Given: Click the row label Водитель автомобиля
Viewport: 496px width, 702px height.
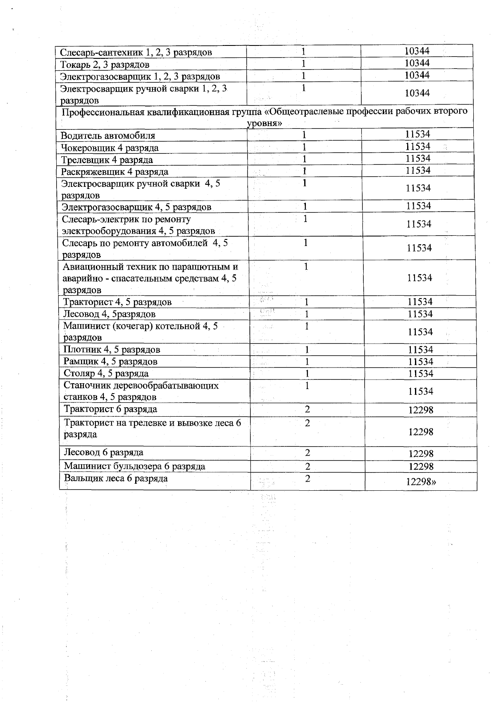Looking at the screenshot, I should [108, 136].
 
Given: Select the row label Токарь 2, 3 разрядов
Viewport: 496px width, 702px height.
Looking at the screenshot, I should [105, 64].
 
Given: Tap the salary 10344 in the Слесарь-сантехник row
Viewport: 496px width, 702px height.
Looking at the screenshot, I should [417, 51].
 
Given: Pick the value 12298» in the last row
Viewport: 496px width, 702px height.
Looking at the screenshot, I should [421, 482].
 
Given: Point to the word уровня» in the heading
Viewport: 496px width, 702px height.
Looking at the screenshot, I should [265, 123].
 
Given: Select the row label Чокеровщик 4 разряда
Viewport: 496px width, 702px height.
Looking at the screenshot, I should [110, 148].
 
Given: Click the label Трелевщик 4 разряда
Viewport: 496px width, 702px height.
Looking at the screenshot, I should [107, 160].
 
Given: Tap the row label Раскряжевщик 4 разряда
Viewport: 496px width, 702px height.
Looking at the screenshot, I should [114, 172].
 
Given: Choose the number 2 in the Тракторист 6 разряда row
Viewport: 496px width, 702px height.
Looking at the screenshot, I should [307, 409].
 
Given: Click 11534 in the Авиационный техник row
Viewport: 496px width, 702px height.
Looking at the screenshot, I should [419, 278].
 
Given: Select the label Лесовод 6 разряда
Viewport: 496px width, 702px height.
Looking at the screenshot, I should [103, 452].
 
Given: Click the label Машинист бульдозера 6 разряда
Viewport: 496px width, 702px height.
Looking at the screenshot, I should [134, 466].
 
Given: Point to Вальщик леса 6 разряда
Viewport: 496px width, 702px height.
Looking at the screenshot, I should [116, 478].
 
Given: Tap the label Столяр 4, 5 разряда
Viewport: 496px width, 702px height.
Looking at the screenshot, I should [106, 373].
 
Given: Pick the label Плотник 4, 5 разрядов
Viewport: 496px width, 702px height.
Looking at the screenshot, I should [112, 349].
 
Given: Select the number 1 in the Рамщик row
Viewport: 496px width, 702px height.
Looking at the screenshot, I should [307, 362].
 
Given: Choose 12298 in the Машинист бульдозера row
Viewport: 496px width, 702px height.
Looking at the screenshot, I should [421, 466].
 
